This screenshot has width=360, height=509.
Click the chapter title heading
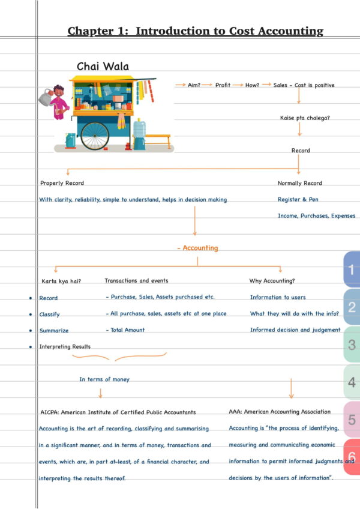tap(195, 31)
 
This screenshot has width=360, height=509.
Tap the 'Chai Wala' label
tap(103, 67)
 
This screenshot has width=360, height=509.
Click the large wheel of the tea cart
tap(95, 135)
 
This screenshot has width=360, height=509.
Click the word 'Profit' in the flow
tap(223, 85)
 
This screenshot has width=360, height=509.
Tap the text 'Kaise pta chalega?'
tap(305, 118)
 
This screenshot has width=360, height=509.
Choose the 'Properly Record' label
tap(62, 183)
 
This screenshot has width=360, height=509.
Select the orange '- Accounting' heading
tap(197, 248)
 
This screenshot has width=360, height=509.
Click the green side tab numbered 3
tap(352, 345)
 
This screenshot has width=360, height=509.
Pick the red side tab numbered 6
tap(352, 456)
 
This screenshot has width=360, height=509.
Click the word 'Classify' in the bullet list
tap(49, 315)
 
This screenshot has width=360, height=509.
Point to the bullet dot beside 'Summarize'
tap(30, 331)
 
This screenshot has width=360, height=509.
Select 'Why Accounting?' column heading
tap(272, 280)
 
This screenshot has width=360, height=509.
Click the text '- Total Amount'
tap(125, 330)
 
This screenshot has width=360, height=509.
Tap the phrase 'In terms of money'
tap(104, 379)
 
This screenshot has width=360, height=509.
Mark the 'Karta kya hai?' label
tap(61, 281)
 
